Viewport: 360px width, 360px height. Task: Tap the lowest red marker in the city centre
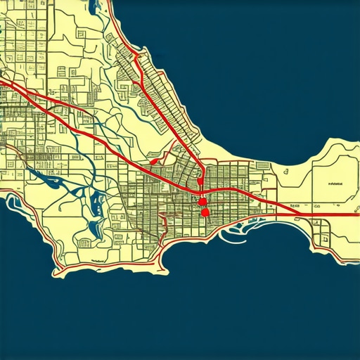205,212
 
